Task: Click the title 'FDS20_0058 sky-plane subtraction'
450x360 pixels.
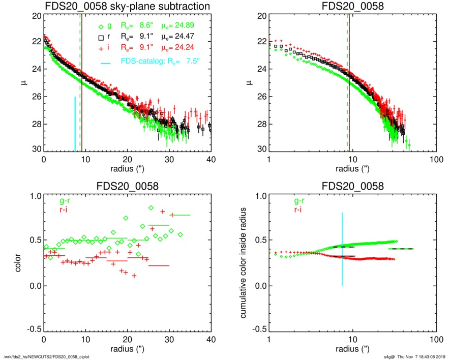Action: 127,6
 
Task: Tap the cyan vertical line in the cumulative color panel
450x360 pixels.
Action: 343,249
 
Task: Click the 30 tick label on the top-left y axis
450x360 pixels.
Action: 36,149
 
